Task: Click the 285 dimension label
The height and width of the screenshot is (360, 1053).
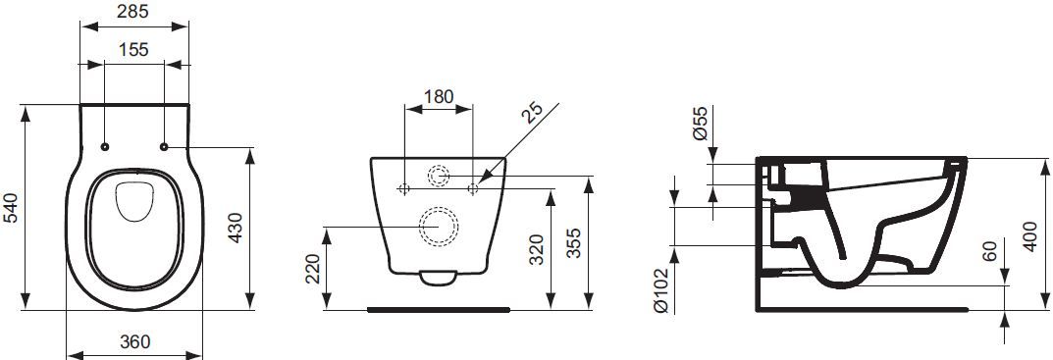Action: click(x=133, y=11)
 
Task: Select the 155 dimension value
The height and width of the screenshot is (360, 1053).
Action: click(x=133, y=49)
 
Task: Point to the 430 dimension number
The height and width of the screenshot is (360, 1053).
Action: click(x=236, y=229)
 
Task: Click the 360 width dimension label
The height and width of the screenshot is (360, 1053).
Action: click(x=135, y=341)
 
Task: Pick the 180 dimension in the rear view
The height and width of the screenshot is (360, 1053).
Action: click(x=439, y=96)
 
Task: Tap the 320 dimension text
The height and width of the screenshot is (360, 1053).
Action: click(x=536, y=250)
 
